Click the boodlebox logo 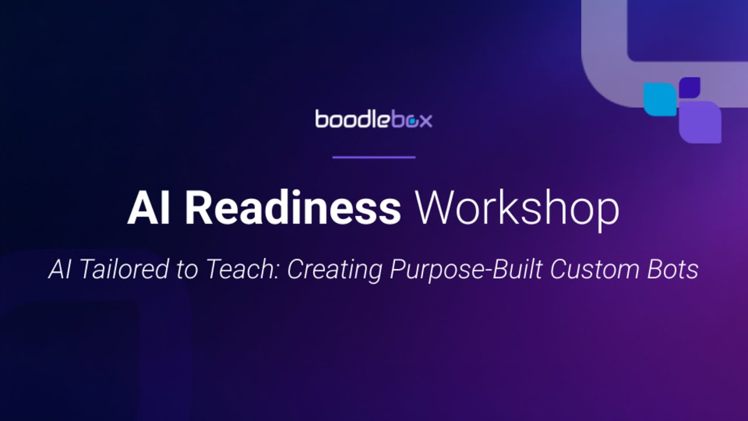coord(374,119)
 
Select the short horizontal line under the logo coord(374,157)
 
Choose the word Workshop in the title coord(517,209)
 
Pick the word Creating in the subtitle coord(334,270)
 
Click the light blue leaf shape coord(660,99)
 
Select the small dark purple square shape coord(690,87)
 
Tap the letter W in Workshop coord(434,209)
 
